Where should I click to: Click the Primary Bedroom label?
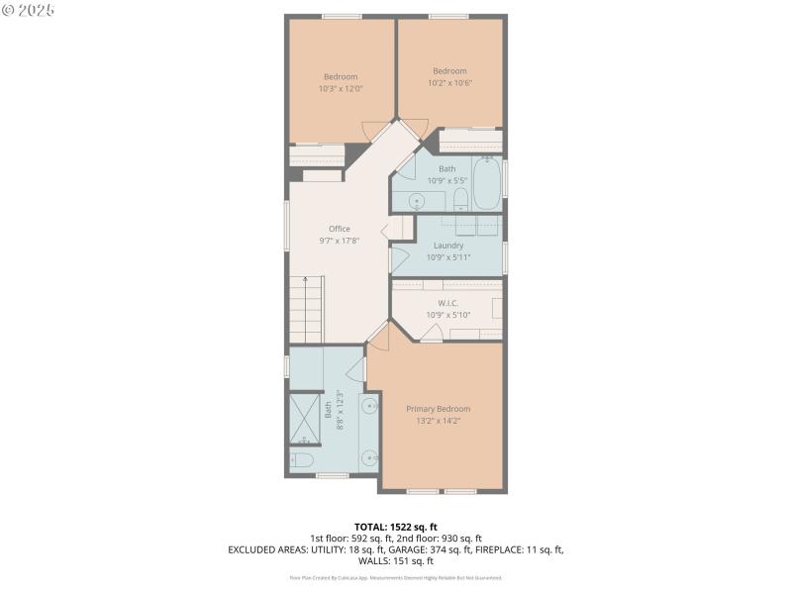tap(438, 409)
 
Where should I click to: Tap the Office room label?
tap(340, 229)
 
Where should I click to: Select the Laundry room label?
tap(447, 246)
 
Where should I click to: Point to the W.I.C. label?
tap(447, 303)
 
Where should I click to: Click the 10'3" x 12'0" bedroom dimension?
tap(340, 88)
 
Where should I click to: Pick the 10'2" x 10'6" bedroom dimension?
tap(449, 82)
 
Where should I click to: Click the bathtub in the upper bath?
tap(486, 184)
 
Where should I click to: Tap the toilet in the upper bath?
tap(460, 201)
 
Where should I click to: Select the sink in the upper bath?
tap(417, 201)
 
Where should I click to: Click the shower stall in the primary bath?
tap(305, 418)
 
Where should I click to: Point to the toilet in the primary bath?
tap(302, 460)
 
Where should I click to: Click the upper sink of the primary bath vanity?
tap(369, 406)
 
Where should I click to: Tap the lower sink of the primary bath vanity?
tap(369, 457)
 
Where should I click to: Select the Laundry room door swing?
tap(400, 260)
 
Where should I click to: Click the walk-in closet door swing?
tap(431, 334)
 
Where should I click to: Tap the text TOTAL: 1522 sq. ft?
tap(395, 526)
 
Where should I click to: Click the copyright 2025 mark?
tap(28, 10)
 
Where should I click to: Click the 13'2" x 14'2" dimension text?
tap(438, 421)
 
